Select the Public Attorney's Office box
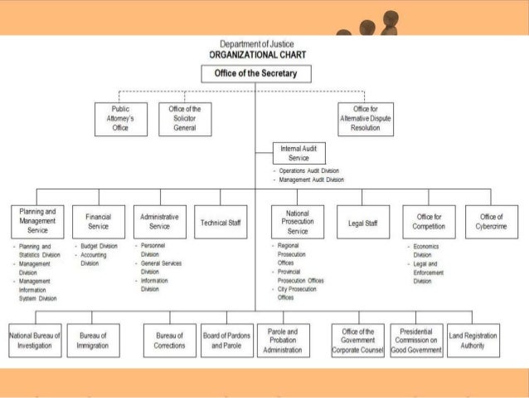[x=119, y=119]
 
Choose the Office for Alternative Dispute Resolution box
[x=366, y=119]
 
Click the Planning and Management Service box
[x=36, y=220]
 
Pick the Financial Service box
[x=99, y=220]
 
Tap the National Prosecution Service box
[x=298, y=220]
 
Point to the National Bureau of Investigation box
[x=35, y=339]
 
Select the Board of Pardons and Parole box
[x=226, y=339]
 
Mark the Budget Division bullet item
[x=99, y=247]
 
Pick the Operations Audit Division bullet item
[x=308, y=170]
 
